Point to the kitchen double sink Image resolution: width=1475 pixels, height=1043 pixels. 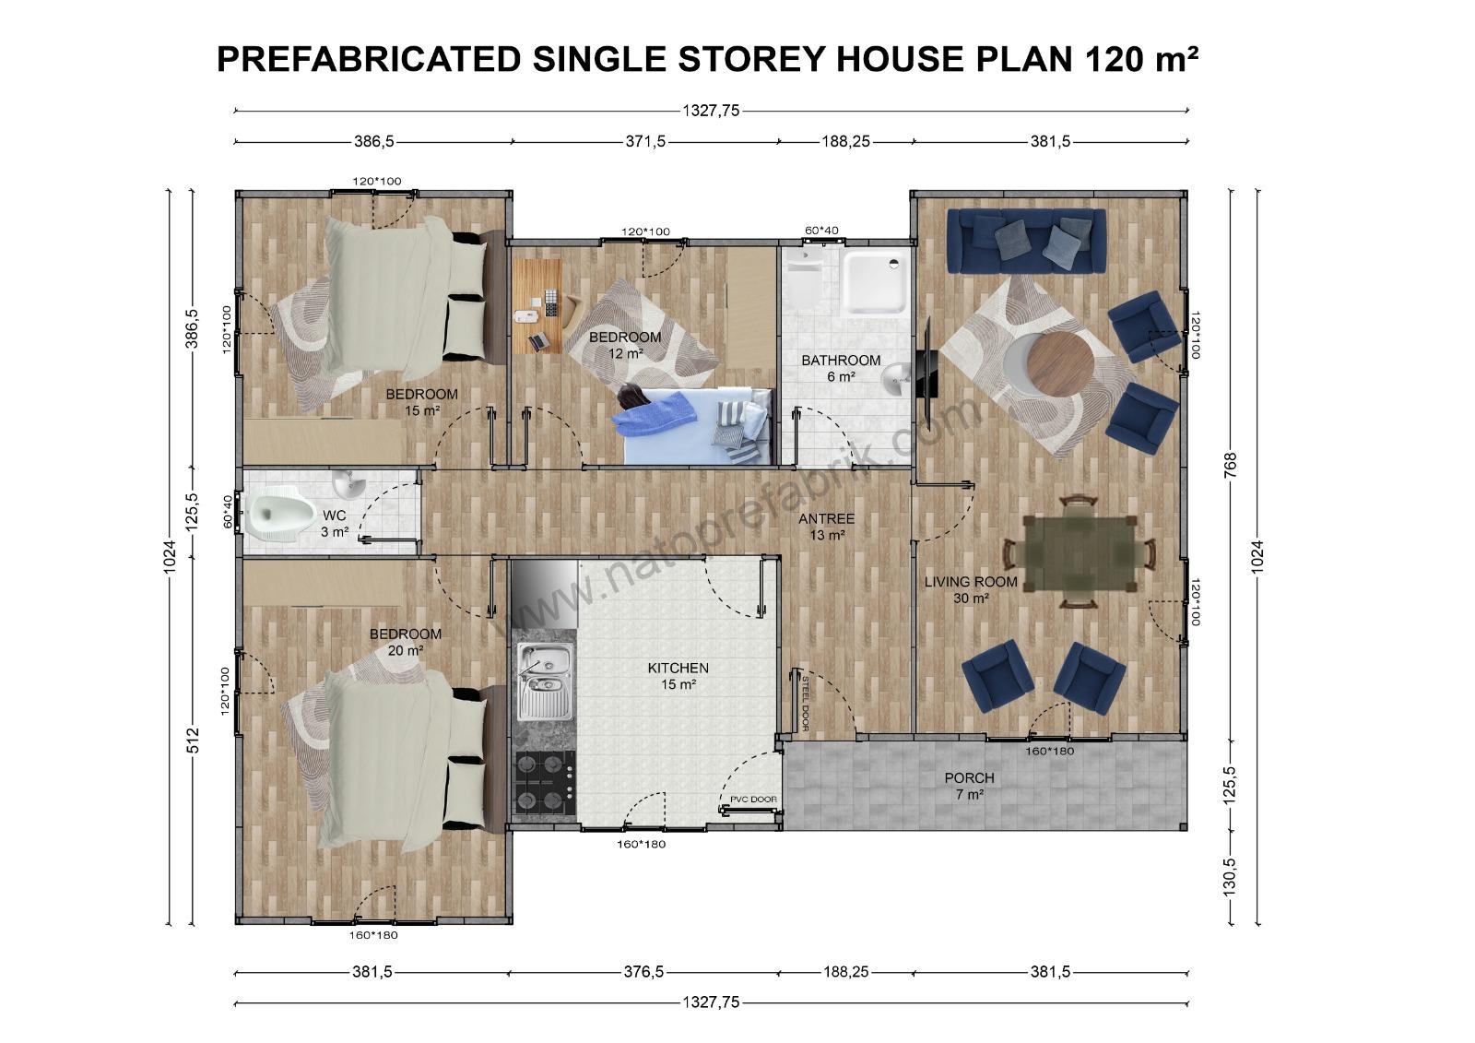[x=545, y=682]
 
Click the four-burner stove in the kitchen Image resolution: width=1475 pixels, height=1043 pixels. [x=545, y=784]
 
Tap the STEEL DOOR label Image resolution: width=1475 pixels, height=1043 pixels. [x=805, y=703]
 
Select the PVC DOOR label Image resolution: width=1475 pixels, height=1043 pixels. [x=753, y=800]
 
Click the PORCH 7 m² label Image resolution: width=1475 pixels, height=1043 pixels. [x=969, y=786]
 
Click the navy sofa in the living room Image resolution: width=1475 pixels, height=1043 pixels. [x=1026, y=241]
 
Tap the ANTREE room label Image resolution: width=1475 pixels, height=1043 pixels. [x=826, y=527]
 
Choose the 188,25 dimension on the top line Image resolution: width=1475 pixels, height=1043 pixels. [x=845, y=142]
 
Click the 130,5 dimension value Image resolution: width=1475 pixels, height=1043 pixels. [x=1230, y=876]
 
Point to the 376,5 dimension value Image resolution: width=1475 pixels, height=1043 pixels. [x=644, y=972]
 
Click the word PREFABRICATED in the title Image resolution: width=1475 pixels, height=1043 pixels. [x=369, y=59]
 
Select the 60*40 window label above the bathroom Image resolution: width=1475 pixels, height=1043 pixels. [x=821, y=231]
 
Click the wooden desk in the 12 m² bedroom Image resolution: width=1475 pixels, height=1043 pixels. [x=537, y=306]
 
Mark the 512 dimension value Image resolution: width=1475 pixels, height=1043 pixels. [x=193, y=740]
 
